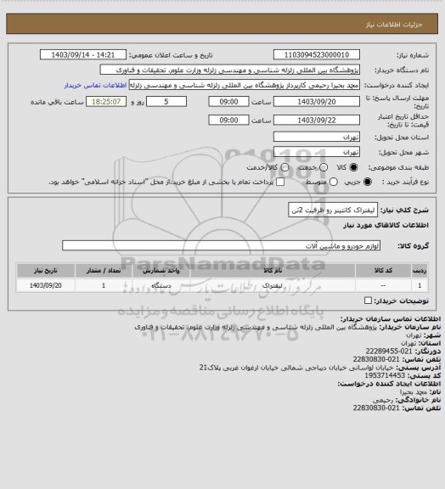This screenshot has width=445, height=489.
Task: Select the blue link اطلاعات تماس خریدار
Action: pyautogui.click(x=94, y=86)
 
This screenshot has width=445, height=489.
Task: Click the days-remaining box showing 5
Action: pyautogui.click(x=174, y=102)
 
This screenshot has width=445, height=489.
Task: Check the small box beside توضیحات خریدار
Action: pyautogui.click(x=367, y=300)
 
